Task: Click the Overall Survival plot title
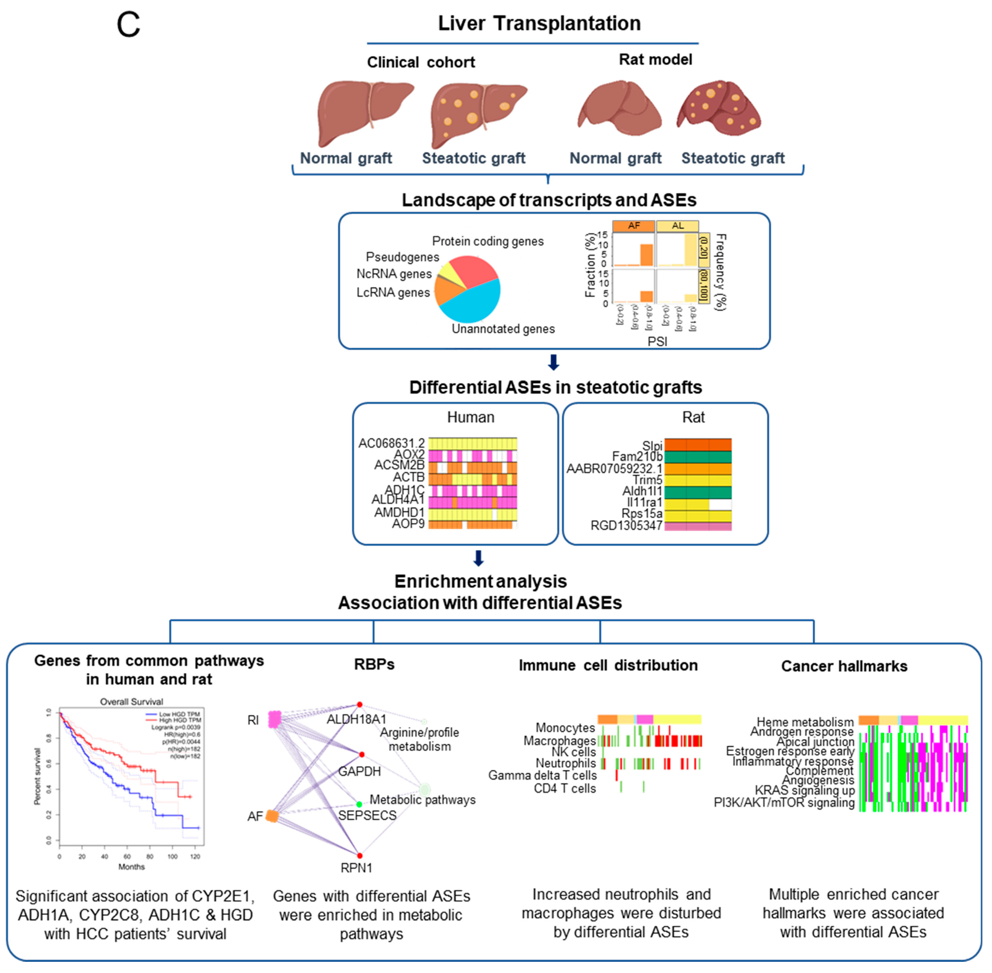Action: [131, 702]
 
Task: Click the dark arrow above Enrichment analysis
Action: [478, 558]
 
